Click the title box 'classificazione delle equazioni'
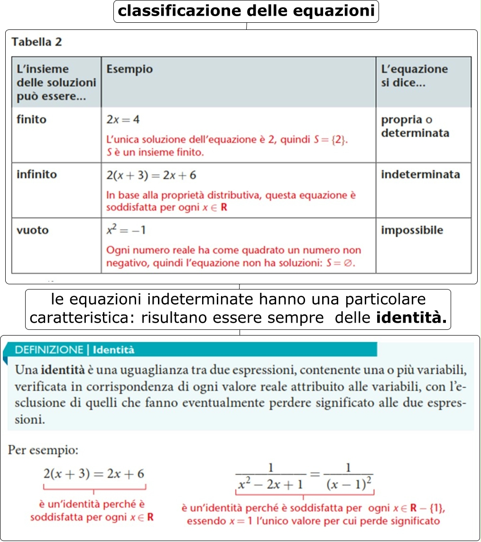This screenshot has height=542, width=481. (x=246, y=11)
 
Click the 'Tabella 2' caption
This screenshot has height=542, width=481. (x=37, y=42)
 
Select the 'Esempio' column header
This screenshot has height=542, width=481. (x=129, y=69)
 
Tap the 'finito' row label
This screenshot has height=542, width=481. (x=31, y=120)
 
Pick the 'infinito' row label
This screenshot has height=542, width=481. (x=37, y=175)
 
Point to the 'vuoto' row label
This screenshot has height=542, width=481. (x=32, y=231)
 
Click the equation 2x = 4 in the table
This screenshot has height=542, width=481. (x=123, y=120)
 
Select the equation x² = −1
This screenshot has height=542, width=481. (x=126, y=230)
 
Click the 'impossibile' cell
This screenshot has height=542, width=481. (x=412, y=231)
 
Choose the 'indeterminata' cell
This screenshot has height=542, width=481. (x=420, y=175)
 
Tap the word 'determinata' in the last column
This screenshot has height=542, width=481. (x=415, y=133)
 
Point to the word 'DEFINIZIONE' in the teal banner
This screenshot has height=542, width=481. (x=49, y=350)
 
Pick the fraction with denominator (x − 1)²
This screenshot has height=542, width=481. (x=348, y=477)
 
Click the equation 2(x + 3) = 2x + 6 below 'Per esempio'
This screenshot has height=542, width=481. (x=94, y=474)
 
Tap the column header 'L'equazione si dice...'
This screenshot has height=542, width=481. (x=414, y=76)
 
